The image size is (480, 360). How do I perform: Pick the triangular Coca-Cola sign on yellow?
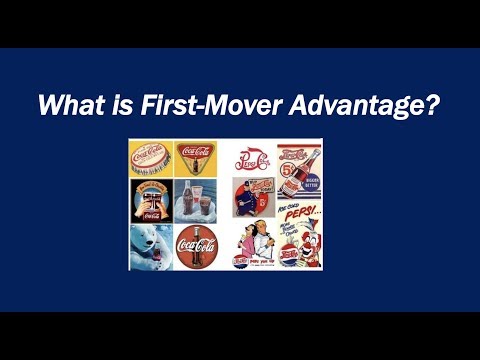click(x=195, y=158)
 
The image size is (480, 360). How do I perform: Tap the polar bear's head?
click(x=143, y=237)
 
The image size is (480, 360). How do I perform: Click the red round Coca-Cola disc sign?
click(x=197, y=246)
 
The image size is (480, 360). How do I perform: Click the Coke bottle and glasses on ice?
click(x=196, y=200)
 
